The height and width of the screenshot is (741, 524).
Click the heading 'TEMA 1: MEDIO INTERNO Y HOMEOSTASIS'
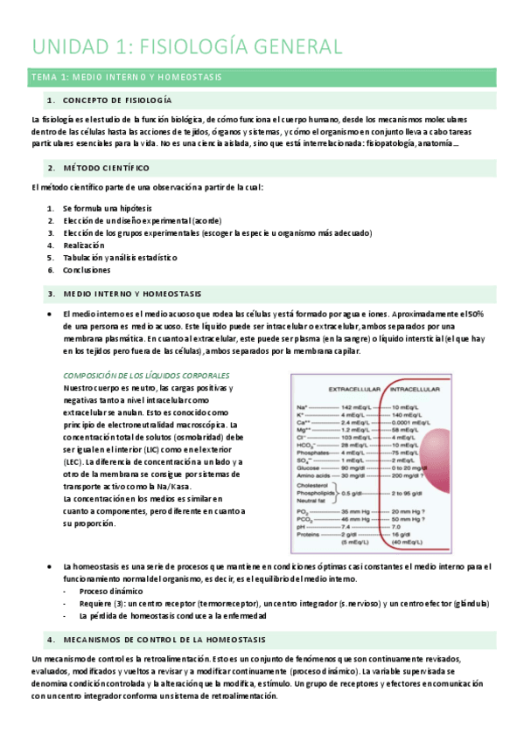126,78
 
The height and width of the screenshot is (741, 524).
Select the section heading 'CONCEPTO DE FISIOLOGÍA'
122,100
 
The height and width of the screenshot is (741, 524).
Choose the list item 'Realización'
84,246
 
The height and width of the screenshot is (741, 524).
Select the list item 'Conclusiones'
87,270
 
